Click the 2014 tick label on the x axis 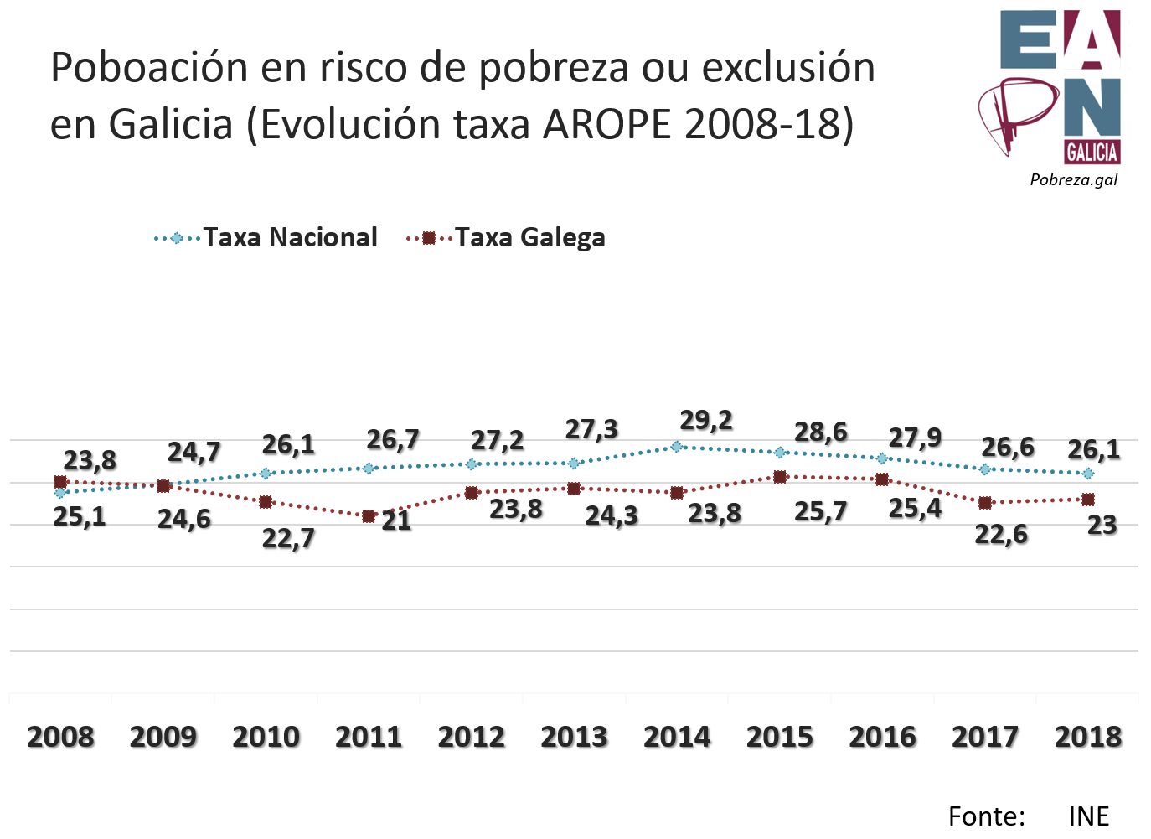pos(677,737)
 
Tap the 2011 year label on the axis pos(369,737)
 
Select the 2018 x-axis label pos(1087,737)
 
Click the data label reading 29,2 pos(706,420)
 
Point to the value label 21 pos(396,521)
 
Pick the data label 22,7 pos(288,538)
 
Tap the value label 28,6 pos(821,432)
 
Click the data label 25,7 pos(821,511)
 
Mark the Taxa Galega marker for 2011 pos(369,516)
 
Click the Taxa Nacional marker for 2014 pos(677,447)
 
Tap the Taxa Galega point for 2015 pos(780,477)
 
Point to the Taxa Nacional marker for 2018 pos(1087,474)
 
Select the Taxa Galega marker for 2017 pos(985,503)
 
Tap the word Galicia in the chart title pos(170,125)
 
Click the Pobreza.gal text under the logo pos(1074,179)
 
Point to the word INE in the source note pos(1088,816)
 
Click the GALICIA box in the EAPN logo pos(1092,152)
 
